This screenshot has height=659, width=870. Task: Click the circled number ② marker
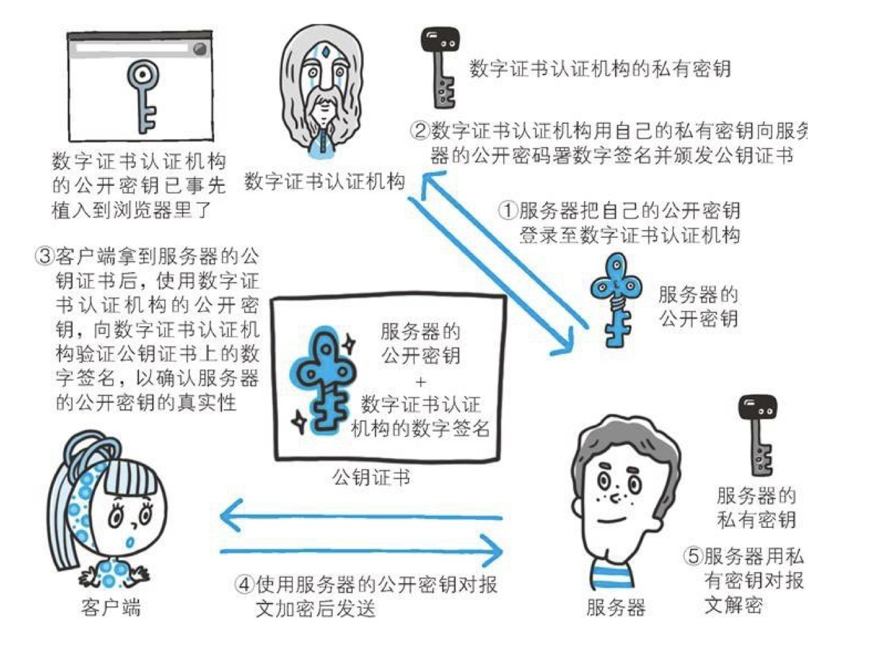[420, 130]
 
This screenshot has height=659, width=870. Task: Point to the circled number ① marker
[507, 211]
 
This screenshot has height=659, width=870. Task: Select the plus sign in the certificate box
[420, 381]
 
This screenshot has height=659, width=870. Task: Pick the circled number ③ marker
[44, 256]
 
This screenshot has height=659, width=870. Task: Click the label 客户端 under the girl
[111, 607]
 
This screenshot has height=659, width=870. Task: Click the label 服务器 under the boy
[616, 607]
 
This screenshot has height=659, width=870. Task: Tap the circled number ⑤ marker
[693, 556]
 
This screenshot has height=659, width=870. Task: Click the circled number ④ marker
[245, 584]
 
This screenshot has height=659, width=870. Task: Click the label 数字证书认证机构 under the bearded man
[325, 181]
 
